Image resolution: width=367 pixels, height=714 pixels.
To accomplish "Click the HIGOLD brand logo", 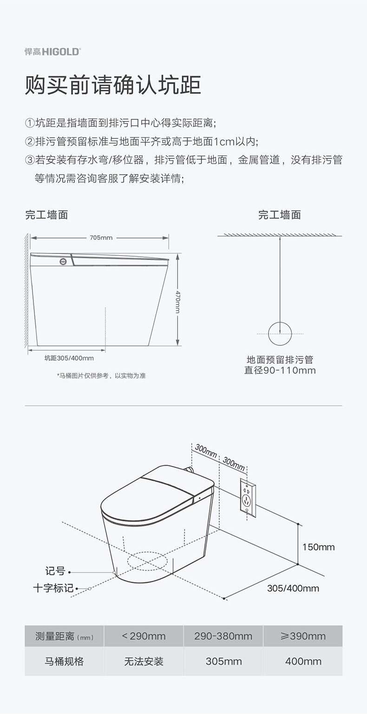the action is coord(53,52).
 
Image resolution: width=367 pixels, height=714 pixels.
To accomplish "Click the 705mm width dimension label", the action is coord(101,238).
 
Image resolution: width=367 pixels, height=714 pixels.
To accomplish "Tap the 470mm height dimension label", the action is coord(178,302).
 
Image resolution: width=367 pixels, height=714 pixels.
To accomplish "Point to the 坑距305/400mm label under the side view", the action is coord(69,358).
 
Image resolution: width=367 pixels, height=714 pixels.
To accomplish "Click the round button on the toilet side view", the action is coord(63,261).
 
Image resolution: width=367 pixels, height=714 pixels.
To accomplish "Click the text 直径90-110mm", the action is coord(280,370).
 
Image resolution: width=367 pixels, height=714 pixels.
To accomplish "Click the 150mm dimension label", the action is coord(319,547).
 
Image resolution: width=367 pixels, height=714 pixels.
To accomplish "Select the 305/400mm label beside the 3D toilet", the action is coord(293,588).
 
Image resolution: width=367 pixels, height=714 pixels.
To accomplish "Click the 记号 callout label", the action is coord(55,571).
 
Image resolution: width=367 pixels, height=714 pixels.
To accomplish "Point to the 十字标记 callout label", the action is coord(53,588).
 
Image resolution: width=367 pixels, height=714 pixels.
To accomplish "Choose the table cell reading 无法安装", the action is coord(144,662).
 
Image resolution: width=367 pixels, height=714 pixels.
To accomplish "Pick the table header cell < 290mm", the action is coord(144,636).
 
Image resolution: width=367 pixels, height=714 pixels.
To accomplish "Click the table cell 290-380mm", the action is coord(223,636).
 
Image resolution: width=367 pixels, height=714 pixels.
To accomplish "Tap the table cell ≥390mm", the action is coord(303,636).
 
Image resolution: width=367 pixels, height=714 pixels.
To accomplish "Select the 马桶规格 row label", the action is coord(64,662).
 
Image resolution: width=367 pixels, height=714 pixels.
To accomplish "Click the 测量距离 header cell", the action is coord(64,636).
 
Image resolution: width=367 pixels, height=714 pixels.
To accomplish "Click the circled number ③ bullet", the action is coord(30,160).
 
